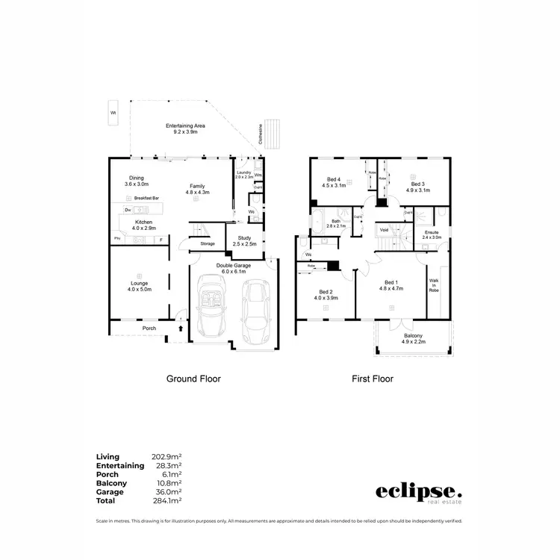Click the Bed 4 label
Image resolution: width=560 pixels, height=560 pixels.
point(334,180)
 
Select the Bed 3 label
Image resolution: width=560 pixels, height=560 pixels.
point(417,183)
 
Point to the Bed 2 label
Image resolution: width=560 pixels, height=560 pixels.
point(326,292)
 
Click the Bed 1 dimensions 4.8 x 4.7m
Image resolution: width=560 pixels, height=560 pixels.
point(391,288)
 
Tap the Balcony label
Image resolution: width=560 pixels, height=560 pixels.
point(412,338)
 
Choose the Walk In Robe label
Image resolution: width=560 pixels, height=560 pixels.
point(434,284)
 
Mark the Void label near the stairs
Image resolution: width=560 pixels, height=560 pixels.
point(384,230)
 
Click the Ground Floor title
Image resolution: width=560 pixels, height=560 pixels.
point(193,379)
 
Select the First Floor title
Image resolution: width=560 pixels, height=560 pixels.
point(373,379)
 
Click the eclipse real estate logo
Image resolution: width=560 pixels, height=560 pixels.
point(418,494)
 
